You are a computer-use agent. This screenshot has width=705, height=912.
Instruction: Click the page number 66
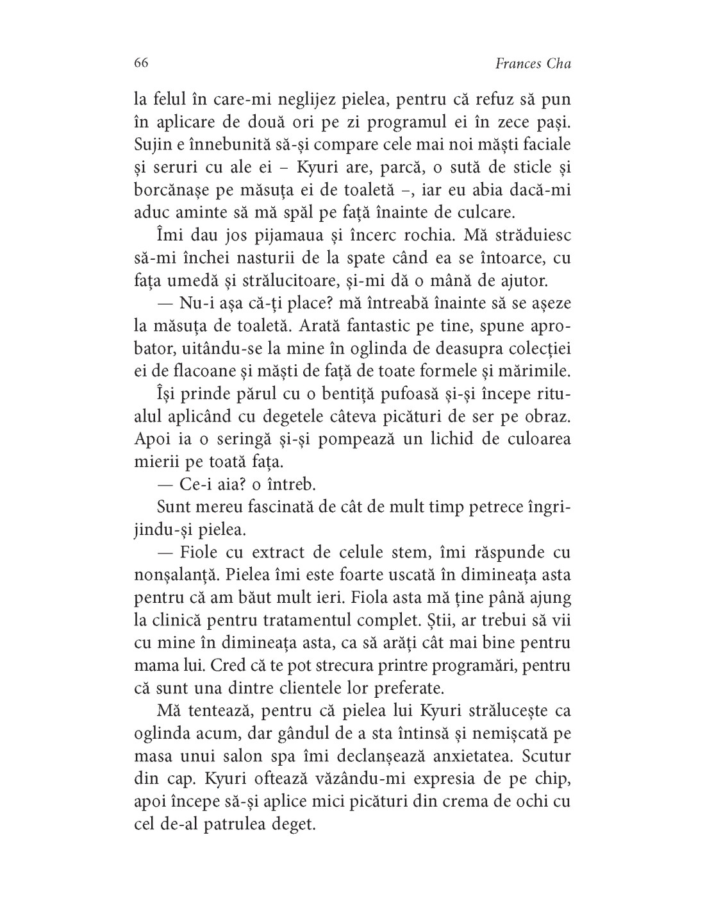(142, 63)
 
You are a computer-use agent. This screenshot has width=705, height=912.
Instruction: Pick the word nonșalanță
(182, 575)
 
